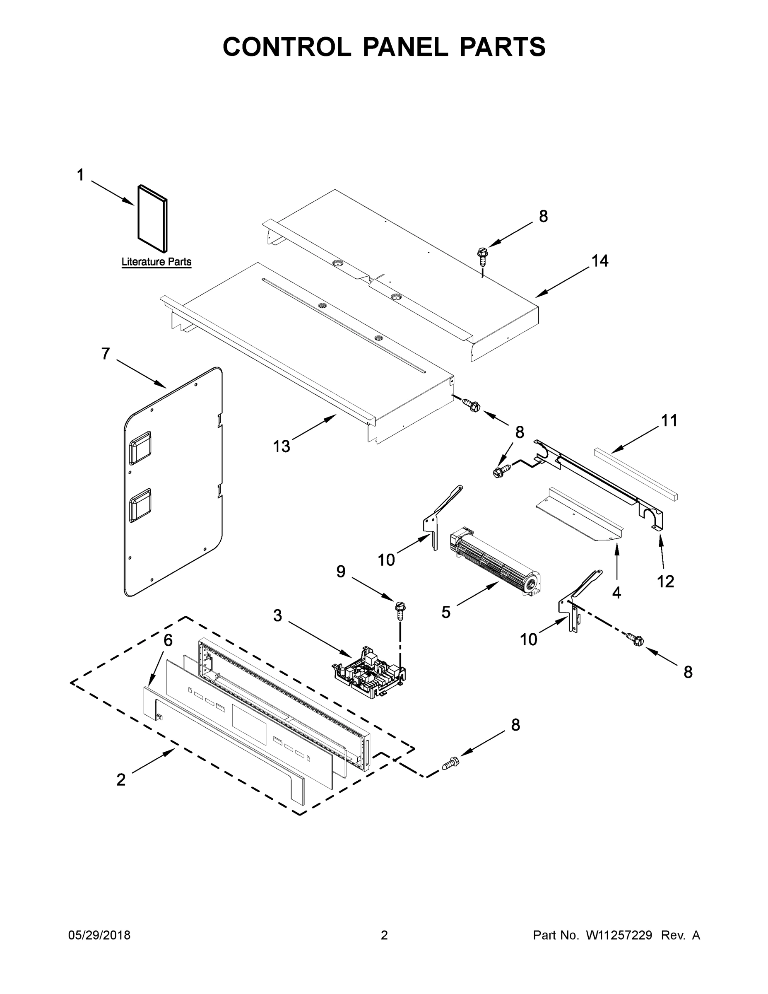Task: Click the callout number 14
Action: coord(599,261)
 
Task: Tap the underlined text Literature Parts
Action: coord(156,262)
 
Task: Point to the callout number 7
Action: coord(106,354)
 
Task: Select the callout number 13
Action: coord(281,446)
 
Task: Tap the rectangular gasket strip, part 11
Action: coord(635,473)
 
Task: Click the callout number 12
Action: coord(665,581)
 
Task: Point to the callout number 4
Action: coord(616,593)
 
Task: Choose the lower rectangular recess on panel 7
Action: coord(140,505)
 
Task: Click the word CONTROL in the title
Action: coord(286,47)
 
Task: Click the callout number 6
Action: coord(168,640)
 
